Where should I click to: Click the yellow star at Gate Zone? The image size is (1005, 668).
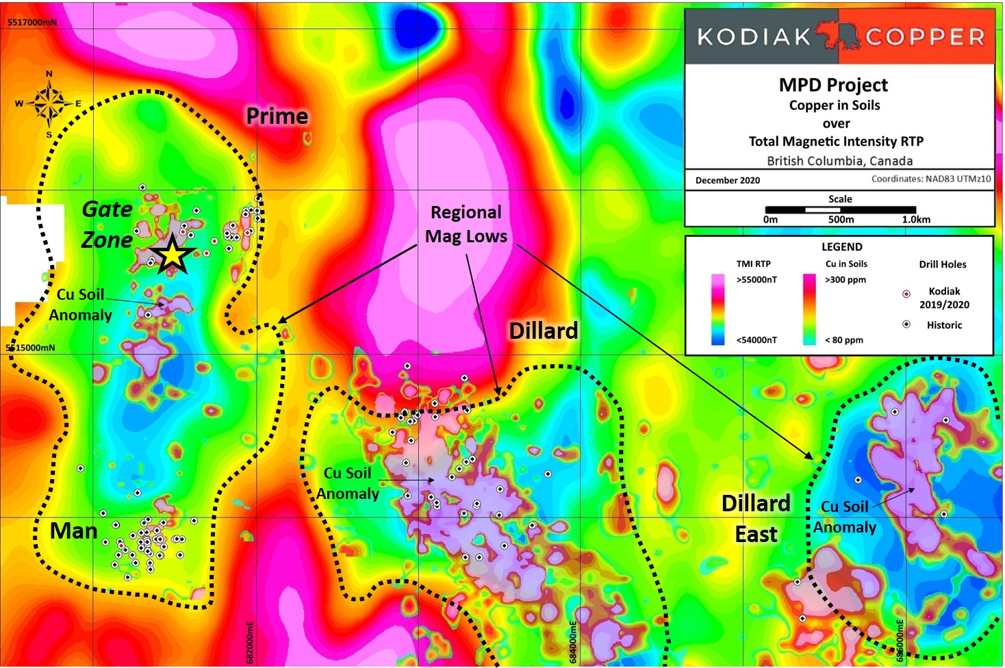[x=173, y=255]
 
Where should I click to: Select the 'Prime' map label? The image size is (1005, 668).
[x=277, y=116]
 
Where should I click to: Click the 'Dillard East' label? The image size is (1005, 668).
[x=756, y=518]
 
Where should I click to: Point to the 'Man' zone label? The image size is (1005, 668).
[x=74, y=531]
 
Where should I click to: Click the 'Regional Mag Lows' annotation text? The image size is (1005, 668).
[x=466, y=224]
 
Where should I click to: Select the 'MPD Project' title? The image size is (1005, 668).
[x=833, y=85]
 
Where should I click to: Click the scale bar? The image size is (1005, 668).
[x=840, y=209]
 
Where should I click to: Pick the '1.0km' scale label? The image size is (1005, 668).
[x=915, y=220]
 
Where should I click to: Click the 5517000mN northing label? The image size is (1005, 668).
[x=32, y=23]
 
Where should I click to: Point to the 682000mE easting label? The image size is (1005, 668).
[x=250, y=642]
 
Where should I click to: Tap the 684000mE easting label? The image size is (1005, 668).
[x=573, y=642]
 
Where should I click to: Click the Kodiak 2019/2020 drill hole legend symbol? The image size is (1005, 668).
[x=906, y=294]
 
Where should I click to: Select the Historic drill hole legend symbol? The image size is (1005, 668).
[x=906, y=324]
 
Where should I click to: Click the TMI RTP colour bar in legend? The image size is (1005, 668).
[x=717, y=309]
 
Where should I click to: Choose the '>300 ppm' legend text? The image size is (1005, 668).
[x=845, y=280]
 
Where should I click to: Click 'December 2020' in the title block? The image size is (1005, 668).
[x=727, y=181]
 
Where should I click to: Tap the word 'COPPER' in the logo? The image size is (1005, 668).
[x=925, y=36]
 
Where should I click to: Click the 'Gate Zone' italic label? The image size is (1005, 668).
[x=107, y=224]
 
